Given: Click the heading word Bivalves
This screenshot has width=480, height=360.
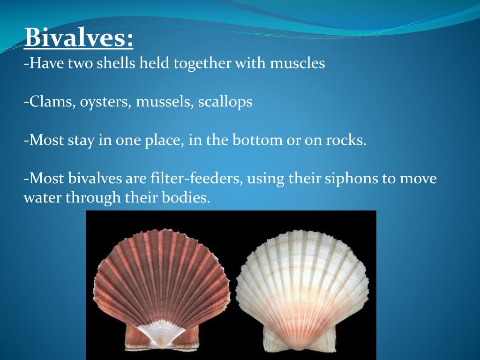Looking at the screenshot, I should [x=78, y=38].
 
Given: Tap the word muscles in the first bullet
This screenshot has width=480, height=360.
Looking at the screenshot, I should [x=297, y=63].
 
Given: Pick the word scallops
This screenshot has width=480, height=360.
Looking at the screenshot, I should [x=225, y=103].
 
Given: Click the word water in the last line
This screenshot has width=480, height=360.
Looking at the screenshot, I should [x=43, y=198].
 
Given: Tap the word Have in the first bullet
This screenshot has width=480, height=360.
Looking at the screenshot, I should [x=46, y=63].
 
